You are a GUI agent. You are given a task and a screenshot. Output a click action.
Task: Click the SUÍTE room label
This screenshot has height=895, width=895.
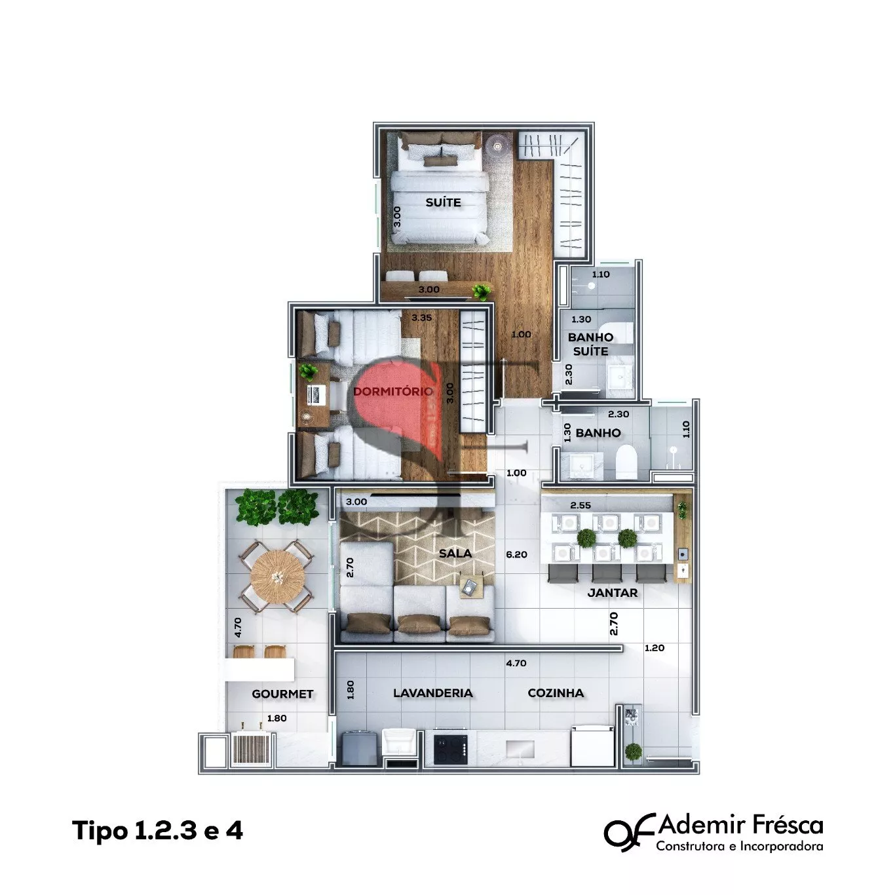coord(443,202)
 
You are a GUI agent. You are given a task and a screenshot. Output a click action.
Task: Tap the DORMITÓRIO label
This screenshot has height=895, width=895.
coord(393,392)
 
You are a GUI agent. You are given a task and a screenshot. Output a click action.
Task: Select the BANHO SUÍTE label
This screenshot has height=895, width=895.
coord(590,344)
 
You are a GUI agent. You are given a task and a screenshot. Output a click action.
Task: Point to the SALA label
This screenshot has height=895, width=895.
coord(455,553)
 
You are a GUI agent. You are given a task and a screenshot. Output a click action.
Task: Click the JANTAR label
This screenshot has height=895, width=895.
coord(612,593)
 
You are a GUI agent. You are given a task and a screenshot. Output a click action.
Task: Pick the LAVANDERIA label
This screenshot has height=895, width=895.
coord(433,693)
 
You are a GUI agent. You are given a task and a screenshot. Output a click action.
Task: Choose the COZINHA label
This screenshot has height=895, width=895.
coord(556,693)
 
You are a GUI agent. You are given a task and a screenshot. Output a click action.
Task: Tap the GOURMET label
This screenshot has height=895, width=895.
coord(282,694)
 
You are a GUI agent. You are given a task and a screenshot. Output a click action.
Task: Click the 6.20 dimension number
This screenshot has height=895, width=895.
coord(516,554)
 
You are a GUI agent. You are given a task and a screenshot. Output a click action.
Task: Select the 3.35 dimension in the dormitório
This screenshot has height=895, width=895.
coord(421,318)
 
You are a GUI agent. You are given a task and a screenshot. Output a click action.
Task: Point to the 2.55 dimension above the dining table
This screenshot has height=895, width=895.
coord(581,505)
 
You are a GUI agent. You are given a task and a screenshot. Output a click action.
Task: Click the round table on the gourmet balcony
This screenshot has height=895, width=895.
coord(277,577)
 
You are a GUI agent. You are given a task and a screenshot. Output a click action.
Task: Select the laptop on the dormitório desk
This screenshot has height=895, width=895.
coord(316,395)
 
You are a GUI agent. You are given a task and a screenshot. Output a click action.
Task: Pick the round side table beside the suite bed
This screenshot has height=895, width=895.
coord(497,146)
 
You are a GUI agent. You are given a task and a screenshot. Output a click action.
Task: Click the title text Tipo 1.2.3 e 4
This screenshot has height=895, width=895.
coord(157,830)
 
